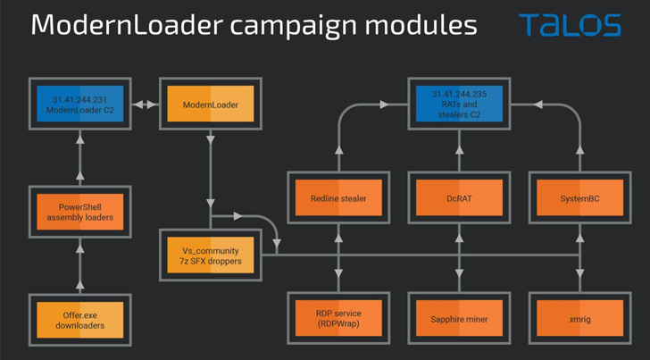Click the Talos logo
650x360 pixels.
(x=570, y=24)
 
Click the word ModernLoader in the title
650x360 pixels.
(x=120, y=24)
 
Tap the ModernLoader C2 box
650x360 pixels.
(x=80, y=105)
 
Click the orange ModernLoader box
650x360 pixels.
(x=211, y=105)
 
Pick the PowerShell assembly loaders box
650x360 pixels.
(x=80, y=212)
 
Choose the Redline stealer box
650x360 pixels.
(x=338, y=198)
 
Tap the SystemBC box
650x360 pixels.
(x=579, y=198)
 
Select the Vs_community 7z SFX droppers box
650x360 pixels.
(x=211, y=256)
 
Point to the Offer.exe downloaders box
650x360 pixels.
(x=80, y=320)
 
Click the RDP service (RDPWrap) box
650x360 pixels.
(x=338, y=319)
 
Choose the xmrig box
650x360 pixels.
(x=579, y=319)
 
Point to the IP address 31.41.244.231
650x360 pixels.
(x=80, y=98)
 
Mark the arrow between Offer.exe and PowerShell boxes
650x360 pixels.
(x=80, y=268)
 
